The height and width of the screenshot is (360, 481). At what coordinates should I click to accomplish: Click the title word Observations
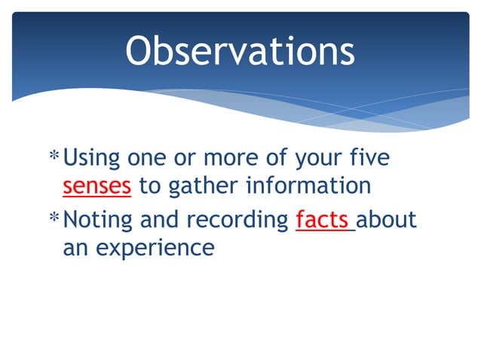240,52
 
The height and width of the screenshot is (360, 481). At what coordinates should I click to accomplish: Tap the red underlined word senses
97,186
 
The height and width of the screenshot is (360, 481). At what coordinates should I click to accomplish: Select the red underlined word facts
323,220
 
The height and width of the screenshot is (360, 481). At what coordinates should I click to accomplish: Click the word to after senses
149,186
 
